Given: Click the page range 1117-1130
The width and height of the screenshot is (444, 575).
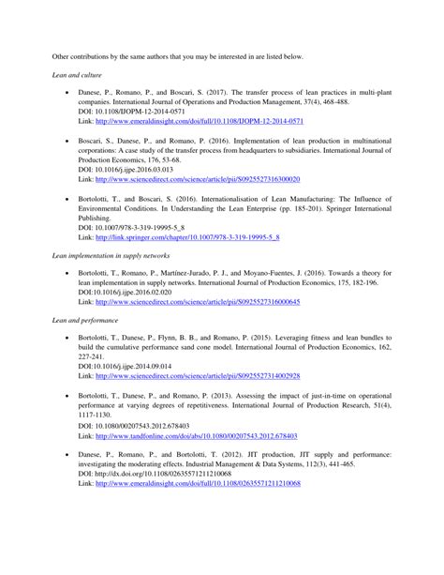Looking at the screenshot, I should pyautogui.click(x=95, y=416).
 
